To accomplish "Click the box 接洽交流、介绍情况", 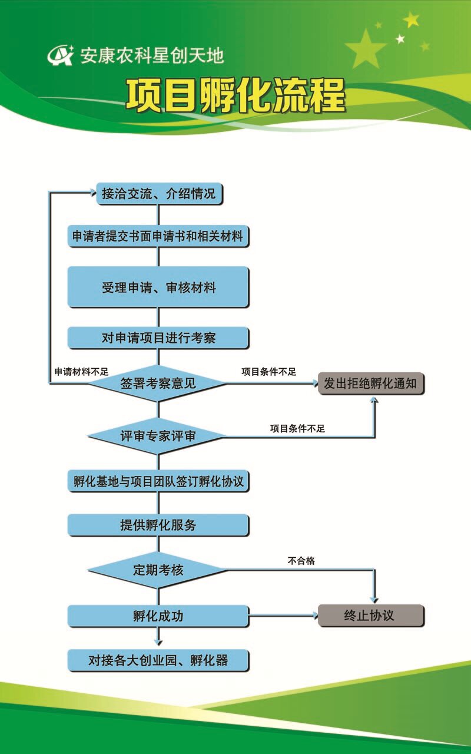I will (x=159, y=194).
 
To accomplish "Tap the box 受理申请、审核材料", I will (x=158, y=287).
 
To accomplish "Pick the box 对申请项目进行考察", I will (x=158, y=338).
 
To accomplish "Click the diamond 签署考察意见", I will (x=158, y=383).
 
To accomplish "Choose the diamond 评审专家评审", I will (x=158, y=436).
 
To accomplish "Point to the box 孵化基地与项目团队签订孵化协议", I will (x=158, y=481).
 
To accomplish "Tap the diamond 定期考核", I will (x=158, y=570).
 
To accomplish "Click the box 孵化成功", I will (x=158, y=616).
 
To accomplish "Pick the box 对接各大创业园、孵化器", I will (x=158, y=660).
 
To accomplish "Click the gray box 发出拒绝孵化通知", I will (x=370, y=383).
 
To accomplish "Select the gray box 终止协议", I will (x=370, y=616).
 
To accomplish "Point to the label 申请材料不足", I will (x=82, y=372).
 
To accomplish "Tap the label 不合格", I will (x=301, y=561).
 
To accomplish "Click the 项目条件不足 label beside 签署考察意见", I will (x=268, y=372).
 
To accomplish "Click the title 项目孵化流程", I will (x=235, y=95).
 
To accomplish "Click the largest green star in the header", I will (x=366, y=49).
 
